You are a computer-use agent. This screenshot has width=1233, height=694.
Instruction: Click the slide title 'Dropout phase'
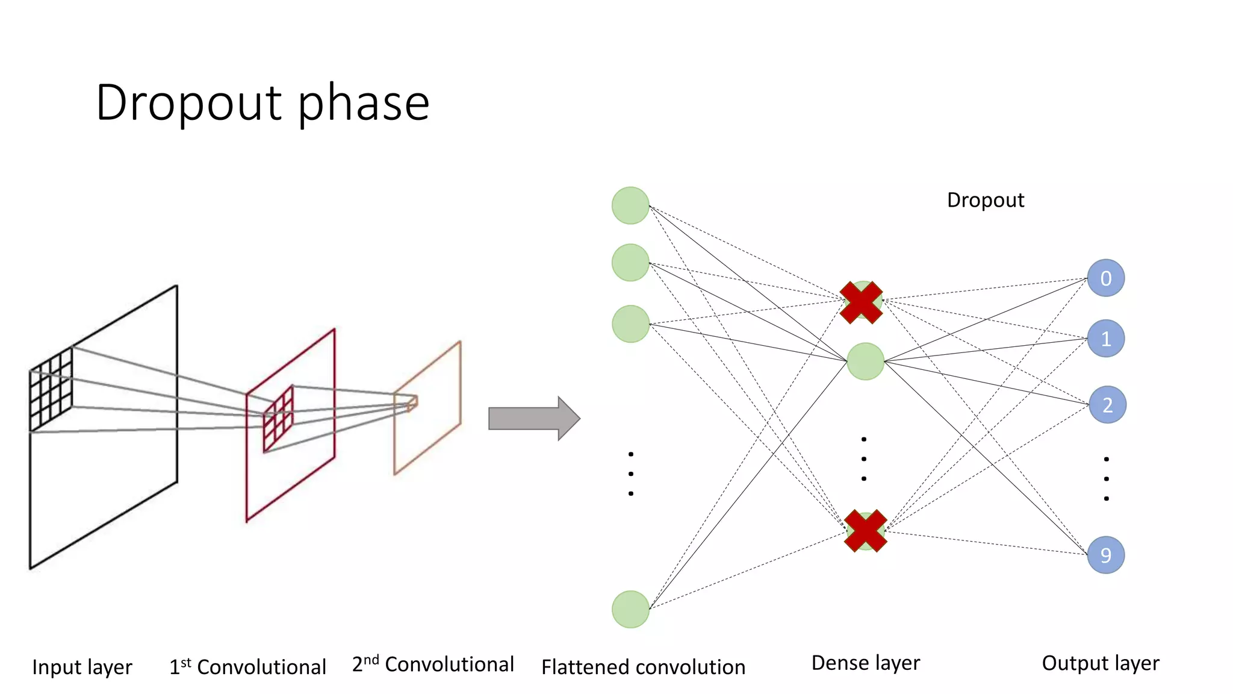pos(262,103)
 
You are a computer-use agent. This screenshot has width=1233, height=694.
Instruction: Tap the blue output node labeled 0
pos(1106,278)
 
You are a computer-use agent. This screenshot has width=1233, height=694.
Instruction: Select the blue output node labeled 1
pos(1106,339)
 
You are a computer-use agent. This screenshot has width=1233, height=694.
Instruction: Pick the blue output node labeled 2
pos(1107,405)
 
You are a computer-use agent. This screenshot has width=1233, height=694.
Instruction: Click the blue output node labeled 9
pos(1106,555)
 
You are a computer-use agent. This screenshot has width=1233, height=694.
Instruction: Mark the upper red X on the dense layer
pos(861,302)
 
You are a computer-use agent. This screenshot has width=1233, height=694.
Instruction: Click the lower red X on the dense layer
pos(865,531)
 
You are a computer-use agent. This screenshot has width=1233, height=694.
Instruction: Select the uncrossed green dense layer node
pos(865,361)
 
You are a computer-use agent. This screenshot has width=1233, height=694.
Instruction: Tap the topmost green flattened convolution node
pos(630,205)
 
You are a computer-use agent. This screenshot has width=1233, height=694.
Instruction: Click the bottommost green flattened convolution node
pos(630,609)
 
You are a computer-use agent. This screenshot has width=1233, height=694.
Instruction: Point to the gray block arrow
pos(533,419)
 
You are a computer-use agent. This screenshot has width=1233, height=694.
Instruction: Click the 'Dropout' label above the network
pos(985,200)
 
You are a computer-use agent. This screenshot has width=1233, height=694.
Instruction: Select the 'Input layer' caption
pos(82,667)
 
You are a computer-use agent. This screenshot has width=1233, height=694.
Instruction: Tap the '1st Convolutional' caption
pos(247,667)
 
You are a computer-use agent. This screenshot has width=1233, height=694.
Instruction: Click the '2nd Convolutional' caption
pos(433,664)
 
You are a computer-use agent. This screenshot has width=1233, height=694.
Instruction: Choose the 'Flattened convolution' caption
pos(643,667)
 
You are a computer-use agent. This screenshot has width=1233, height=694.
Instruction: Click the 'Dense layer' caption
pos(865,663)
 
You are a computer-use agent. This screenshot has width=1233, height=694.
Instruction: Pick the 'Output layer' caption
pos(1100,663)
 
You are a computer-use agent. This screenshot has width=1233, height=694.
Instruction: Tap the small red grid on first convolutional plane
pos(279,419)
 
